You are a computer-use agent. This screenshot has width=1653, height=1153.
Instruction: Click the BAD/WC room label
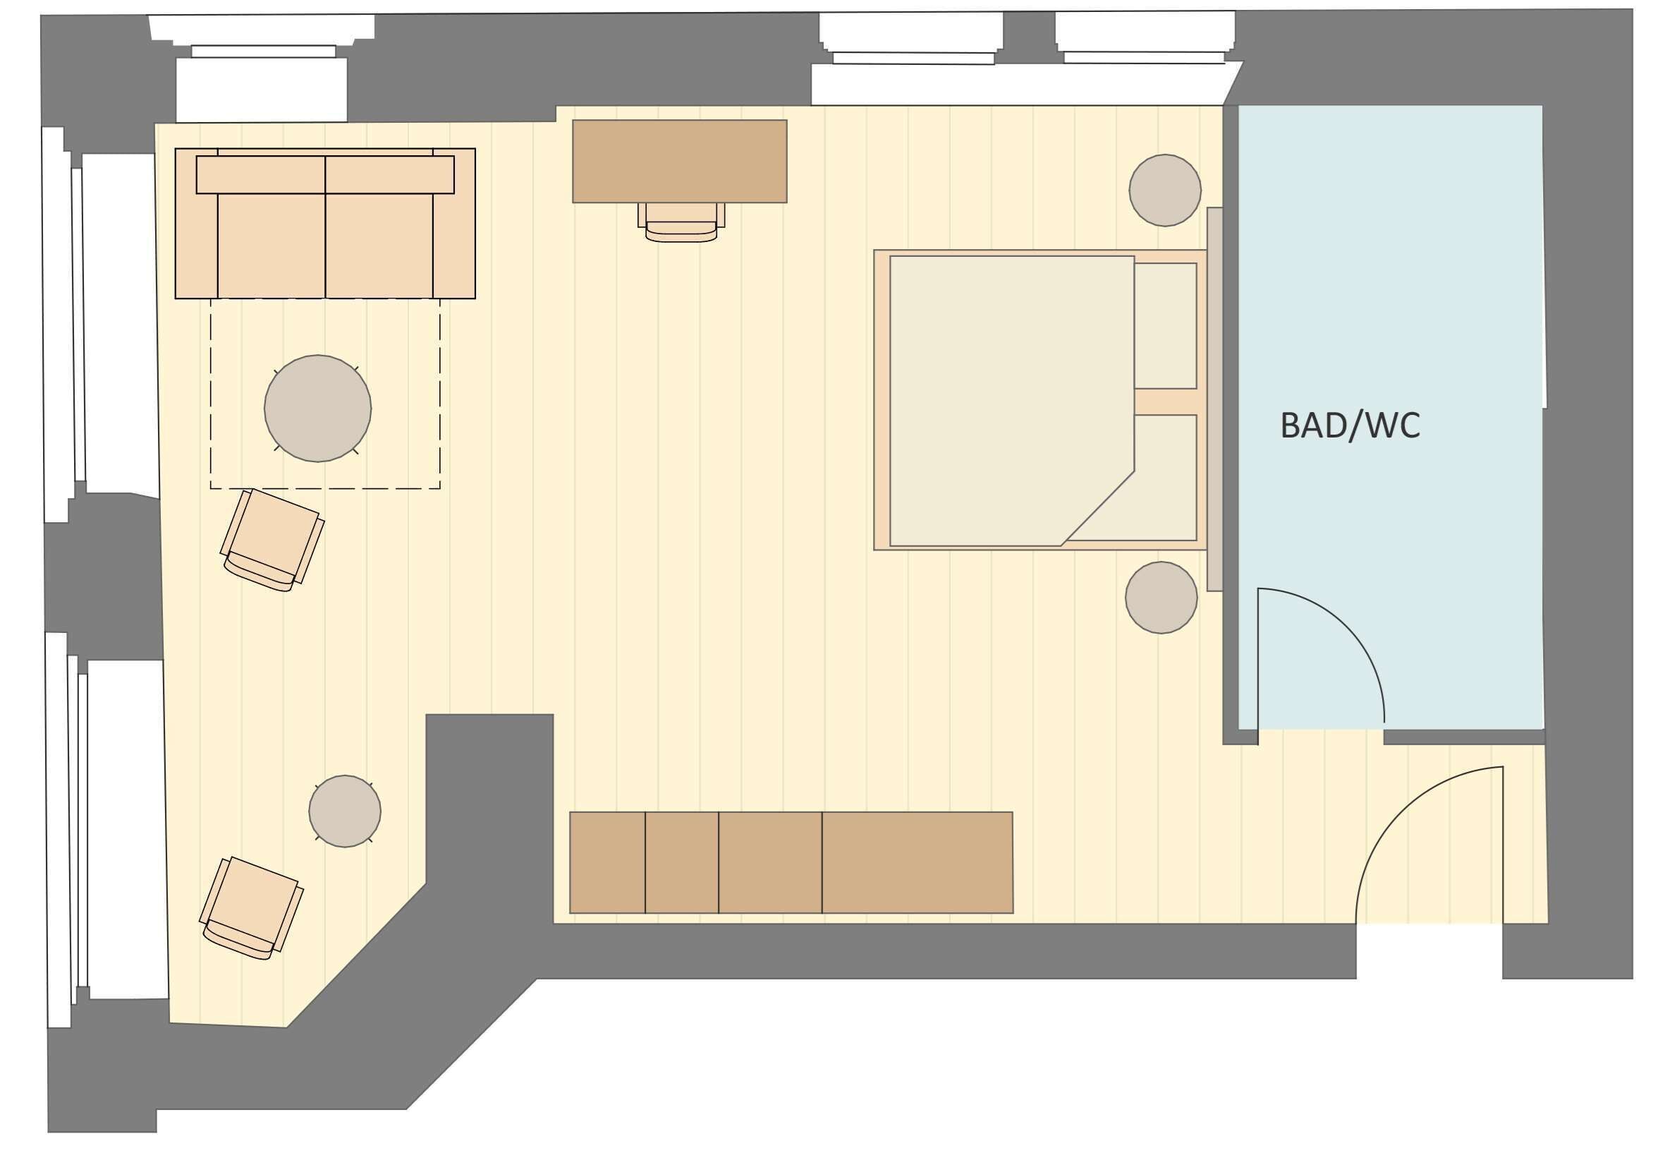[x=1350, y=425]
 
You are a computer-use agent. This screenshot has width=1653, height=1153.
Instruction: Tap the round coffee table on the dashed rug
[x=317, y=409]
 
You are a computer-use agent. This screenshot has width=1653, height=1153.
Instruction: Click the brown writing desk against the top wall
[x=679, y=162]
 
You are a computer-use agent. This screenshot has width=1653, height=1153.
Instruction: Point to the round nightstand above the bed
[x=1165, y=190]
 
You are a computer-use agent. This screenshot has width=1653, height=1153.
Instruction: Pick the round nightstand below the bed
[x=1161, y=598]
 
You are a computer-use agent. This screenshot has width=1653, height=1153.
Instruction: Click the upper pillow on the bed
[x=1165, y=325]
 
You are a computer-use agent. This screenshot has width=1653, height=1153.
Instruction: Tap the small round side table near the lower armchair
[x=344, y=811]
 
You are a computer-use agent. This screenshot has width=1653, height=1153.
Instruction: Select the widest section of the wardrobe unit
[x=917, y=863]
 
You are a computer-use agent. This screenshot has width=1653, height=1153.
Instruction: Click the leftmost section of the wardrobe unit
[x=607, y=863]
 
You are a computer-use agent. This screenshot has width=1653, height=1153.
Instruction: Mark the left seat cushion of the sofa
[x=272, y=245]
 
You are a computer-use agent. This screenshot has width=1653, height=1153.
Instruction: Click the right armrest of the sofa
[x=453, y=245]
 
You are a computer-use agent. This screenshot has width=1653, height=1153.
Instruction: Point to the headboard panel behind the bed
[x=1214, y=399]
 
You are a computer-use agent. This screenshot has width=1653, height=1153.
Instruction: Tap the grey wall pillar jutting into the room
[x=489, y=792]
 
